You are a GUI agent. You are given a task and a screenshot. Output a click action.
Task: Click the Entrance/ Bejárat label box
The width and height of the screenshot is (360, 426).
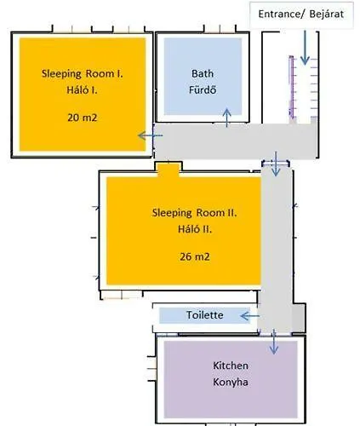[x=301, y=14]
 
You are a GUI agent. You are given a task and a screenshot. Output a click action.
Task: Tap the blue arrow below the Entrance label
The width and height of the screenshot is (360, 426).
[x=305, y=48]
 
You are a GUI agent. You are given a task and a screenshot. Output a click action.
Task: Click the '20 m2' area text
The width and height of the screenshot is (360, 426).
[x=83, y=118]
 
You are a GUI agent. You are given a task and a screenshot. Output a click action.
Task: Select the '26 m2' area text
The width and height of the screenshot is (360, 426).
[x=195, y=256]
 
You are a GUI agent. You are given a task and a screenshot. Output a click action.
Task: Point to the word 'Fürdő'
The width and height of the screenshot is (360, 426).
[x=203, y=90]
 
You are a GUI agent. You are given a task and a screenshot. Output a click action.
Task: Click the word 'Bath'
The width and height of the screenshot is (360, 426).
[x=203, y=73]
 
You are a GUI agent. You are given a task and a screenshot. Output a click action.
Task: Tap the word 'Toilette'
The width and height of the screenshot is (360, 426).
[x=205, y=315]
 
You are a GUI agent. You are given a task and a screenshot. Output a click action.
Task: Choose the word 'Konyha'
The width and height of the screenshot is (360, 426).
[x=231, y=382]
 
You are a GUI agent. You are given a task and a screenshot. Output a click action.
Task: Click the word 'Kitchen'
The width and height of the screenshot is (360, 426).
[x=231, y=366]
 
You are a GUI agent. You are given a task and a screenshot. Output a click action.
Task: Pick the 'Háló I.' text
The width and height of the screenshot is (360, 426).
[x=82, y=90]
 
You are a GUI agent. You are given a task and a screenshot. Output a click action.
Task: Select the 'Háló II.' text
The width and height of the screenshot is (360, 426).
[x=195, y=229]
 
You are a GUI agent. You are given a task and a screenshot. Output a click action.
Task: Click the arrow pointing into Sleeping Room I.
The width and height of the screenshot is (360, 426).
[x=151, y=135]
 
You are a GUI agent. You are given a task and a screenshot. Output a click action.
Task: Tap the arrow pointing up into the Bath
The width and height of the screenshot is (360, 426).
[x=226, y=118]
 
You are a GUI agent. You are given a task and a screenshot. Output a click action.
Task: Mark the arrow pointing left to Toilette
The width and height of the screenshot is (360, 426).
[x=250, y=316]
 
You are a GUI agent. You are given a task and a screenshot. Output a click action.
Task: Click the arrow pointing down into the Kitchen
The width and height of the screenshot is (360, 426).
[x=274, y=342]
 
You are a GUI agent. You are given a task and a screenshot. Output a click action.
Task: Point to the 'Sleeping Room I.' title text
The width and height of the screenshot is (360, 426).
[x=83, y=74]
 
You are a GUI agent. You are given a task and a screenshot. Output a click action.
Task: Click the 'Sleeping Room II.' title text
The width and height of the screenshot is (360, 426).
[x=195, y=213]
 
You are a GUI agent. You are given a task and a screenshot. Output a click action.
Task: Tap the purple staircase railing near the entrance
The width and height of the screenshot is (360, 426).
[x=291, y=87]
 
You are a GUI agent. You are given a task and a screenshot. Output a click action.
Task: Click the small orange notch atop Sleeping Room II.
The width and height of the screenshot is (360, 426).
[x=169, y=170]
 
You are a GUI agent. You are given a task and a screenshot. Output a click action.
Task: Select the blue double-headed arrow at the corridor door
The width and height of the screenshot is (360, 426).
[x=276, y=163]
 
